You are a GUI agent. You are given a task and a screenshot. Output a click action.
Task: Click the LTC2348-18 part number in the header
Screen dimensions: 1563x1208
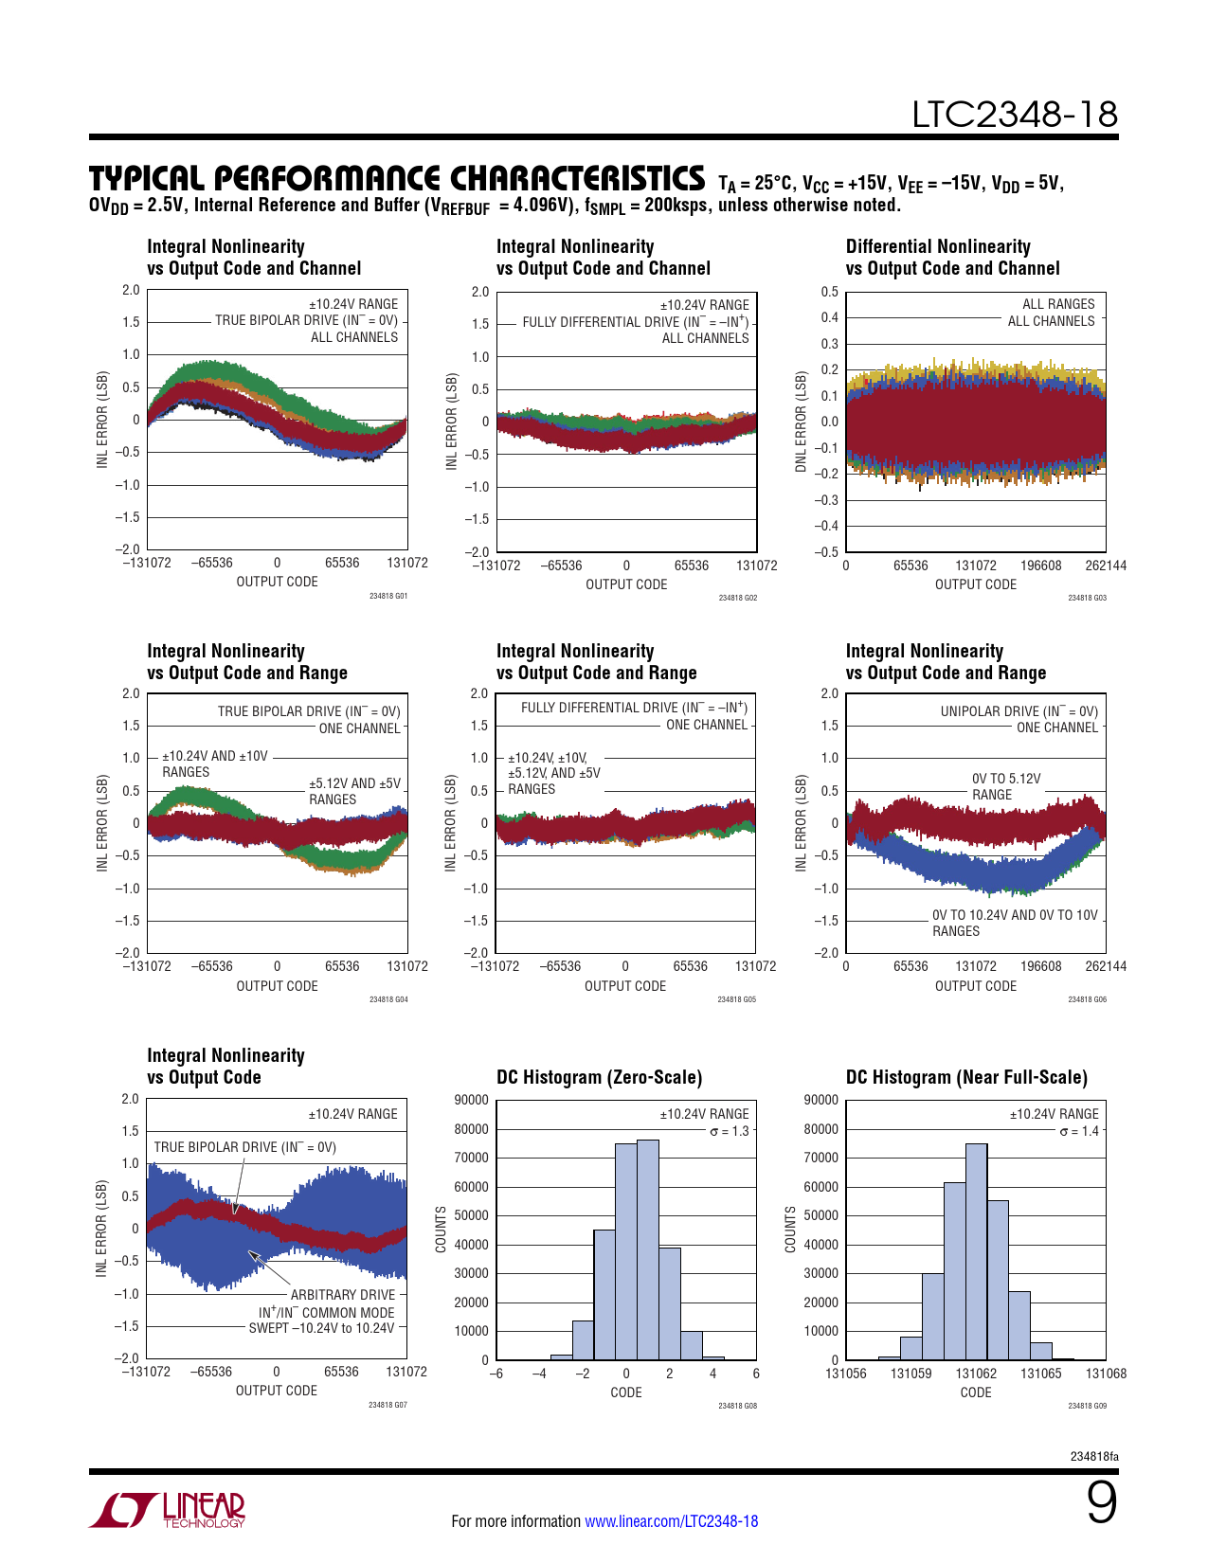pos(1014,115)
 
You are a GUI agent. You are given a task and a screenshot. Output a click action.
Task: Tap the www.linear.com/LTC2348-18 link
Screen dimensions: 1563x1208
pos(671,1521)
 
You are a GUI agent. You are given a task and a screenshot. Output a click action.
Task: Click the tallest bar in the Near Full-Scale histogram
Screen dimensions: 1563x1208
pos(976,1250)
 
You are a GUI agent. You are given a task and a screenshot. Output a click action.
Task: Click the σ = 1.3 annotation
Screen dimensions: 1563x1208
pos(729,1131)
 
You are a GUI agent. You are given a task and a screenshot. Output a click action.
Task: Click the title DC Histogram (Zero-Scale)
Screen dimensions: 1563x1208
pos(599,1077)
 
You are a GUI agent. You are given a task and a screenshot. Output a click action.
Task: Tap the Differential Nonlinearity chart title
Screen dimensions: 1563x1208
pos(952,258)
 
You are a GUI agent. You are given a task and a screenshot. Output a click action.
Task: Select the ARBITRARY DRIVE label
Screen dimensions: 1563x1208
pos(343,1295)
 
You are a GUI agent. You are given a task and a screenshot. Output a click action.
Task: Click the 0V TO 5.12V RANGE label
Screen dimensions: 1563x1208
pos(1005,786)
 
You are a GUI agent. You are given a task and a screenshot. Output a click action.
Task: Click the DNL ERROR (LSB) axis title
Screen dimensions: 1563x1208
pos(801,422)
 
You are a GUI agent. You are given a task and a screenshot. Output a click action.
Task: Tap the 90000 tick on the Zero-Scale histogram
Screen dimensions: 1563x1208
pos(472,1100)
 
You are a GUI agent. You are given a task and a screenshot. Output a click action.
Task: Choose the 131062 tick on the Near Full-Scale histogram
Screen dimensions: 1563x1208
pos(976,1374)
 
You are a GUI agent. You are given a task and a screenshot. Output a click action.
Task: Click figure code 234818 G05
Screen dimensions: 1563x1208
pos(736,999)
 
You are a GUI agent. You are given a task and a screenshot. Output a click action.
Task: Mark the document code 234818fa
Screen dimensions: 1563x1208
pos(1093,1456)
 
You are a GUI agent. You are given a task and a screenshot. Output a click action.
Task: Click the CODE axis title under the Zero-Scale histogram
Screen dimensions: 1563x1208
pos(625,1392)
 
